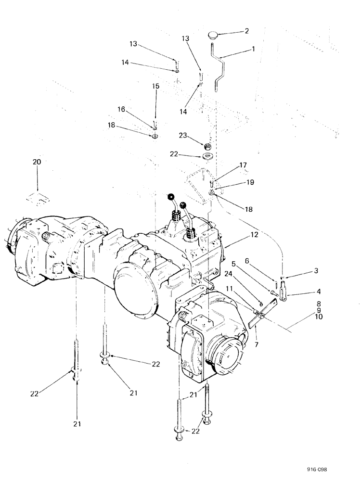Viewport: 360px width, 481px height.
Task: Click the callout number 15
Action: click(155, 86)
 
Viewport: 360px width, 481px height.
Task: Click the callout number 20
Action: click(37, 163)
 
